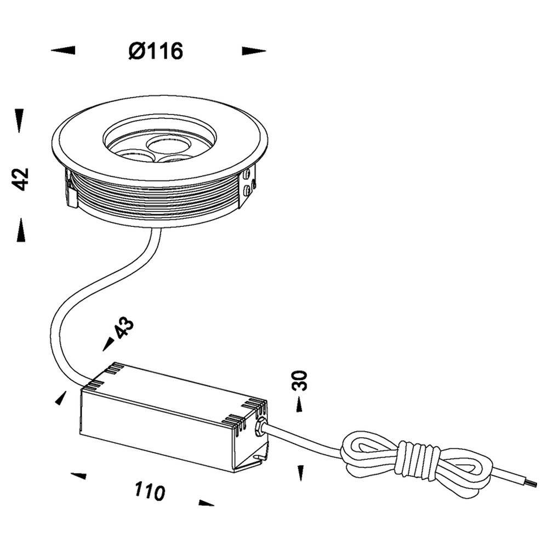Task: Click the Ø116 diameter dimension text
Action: (x=156, y=51)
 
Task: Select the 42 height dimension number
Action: (x=21, y=179)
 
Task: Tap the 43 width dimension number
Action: (x=124, y=328)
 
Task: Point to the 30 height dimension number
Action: (x=300, y=380)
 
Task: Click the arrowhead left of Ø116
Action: (x=63, y=50)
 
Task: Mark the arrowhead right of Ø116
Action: (x=254, y=51)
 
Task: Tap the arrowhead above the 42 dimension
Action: (x=20, y=120)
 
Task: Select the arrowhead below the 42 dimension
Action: (x=21, y=230)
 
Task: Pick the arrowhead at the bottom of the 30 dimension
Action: (x=300, y=472)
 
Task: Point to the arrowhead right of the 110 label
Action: (x=206, y=503)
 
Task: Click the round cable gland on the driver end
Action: (x=262, y=427)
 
